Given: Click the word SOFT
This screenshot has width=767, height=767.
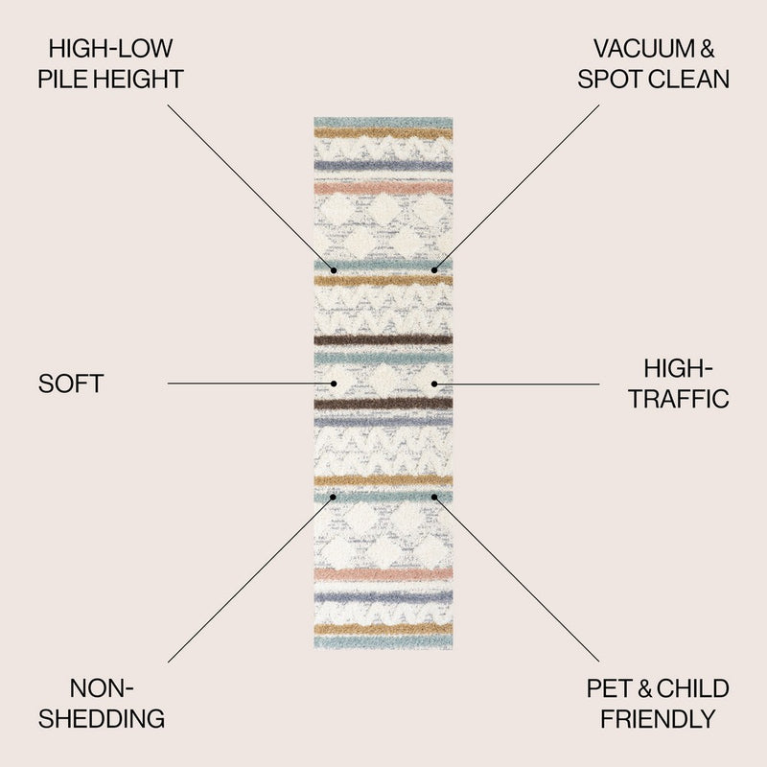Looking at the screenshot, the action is (71, 383).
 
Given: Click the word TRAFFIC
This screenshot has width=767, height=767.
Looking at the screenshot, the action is (679, 399).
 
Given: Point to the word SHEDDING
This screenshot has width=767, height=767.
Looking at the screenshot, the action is (102, 718).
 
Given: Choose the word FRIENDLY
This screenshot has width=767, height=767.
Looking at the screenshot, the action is (658, 719).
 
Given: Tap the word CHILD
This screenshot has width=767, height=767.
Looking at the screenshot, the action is (692, 688).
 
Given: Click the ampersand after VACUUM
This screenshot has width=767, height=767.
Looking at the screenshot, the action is (707, 49).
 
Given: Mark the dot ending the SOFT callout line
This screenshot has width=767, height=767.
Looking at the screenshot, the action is (334, 383).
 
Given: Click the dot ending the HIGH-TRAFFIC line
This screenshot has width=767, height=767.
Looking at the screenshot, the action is (434, 384).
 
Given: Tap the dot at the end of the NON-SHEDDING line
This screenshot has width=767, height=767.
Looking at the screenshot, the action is (333, 497).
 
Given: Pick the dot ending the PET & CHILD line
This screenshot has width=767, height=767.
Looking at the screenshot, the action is (434, 497).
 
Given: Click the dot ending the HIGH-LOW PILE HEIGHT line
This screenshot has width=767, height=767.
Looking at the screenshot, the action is (334, 270).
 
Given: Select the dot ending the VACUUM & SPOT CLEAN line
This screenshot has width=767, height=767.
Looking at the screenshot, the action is (434, 270).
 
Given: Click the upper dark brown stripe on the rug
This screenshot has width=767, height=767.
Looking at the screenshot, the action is (383, 339).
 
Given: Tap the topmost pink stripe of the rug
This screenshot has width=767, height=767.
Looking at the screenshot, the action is (383, 188).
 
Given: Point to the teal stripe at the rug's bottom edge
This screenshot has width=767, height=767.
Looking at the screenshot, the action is (383, 641).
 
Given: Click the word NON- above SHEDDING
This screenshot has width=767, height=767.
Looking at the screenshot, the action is (102, 688).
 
